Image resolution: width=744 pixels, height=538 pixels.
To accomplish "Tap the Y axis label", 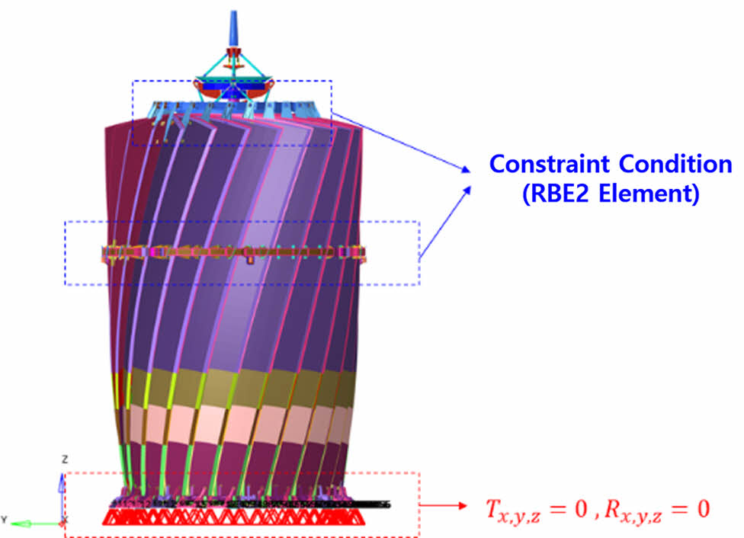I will (5, 520).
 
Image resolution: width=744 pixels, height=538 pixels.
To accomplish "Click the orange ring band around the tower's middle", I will (229, 251).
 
